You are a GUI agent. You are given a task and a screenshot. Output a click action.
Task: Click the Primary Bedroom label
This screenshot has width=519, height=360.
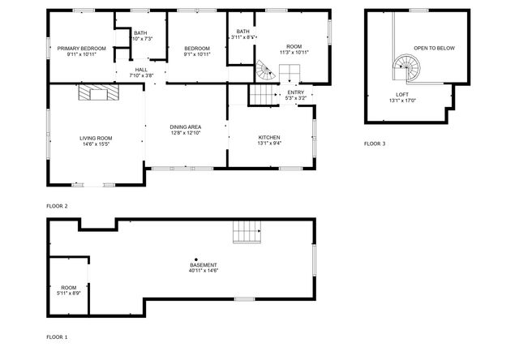(x=81, y=49)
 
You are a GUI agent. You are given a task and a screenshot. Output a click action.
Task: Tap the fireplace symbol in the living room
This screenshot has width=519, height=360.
(x=97, y=94)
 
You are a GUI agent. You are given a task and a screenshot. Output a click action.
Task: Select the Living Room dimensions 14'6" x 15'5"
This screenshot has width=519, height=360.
(x=96, y=144)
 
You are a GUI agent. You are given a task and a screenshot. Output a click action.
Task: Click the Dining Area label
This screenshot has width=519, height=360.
(x=185, y=127)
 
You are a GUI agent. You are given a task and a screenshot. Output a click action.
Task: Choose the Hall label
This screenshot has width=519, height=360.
(x=141, y=71)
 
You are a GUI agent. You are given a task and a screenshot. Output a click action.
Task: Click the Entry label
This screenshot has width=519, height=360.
(x=296, y=93)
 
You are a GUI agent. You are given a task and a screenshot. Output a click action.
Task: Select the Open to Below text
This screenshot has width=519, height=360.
(x=434, y=49)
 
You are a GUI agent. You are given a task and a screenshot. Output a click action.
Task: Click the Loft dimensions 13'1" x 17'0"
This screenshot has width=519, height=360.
(x=402, y=101)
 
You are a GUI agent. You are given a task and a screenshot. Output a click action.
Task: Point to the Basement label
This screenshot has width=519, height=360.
(x=203, y=265)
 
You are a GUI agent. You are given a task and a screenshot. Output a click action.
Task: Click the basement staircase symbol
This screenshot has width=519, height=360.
(x=247, y=233)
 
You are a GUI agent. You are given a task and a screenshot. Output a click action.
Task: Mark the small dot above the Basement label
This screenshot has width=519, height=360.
(x=196, y=259)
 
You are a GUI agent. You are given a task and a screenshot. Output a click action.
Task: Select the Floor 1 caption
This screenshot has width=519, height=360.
(x=57, y=336)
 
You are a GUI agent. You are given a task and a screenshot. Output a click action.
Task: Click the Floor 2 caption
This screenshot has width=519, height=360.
(x=57, y=206)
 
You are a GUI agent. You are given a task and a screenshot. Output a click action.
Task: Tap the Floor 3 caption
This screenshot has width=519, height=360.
(x=375, y=144)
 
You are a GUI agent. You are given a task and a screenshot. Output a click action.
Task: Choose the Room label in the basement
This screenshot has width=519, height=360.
(x=69, y=287)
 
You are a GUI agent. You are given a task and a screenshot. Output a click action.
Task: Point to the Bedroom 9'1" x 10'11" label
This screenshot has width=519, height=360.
(x=196, y=49)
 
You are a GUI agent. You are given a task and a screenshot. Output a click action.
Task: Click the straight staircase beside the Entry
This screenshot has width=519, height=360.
(x=261, y=96)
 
